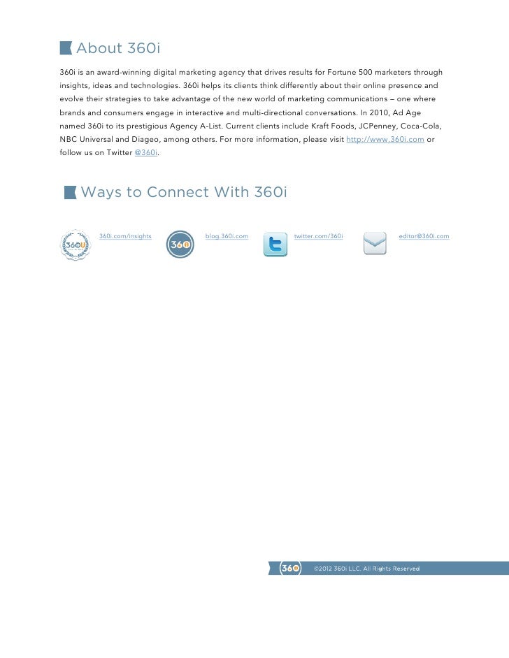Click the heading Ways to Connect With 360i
click(184, 192)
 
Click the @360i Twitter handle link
click(145, 152)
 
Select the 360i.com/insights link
click(126, 236)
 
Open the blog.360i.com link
click(227, 236)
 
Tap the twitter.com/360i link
click(318, 236)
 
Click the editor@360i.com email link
click(424, 236)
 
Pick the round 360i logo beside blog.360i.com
click(180, 244)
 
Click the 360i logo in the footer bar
click(290, 569)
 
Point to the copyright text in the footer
click(367, 569)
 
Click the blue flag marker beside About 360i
click(66, 47)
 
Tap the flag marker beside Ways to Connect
click(71, 192)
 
